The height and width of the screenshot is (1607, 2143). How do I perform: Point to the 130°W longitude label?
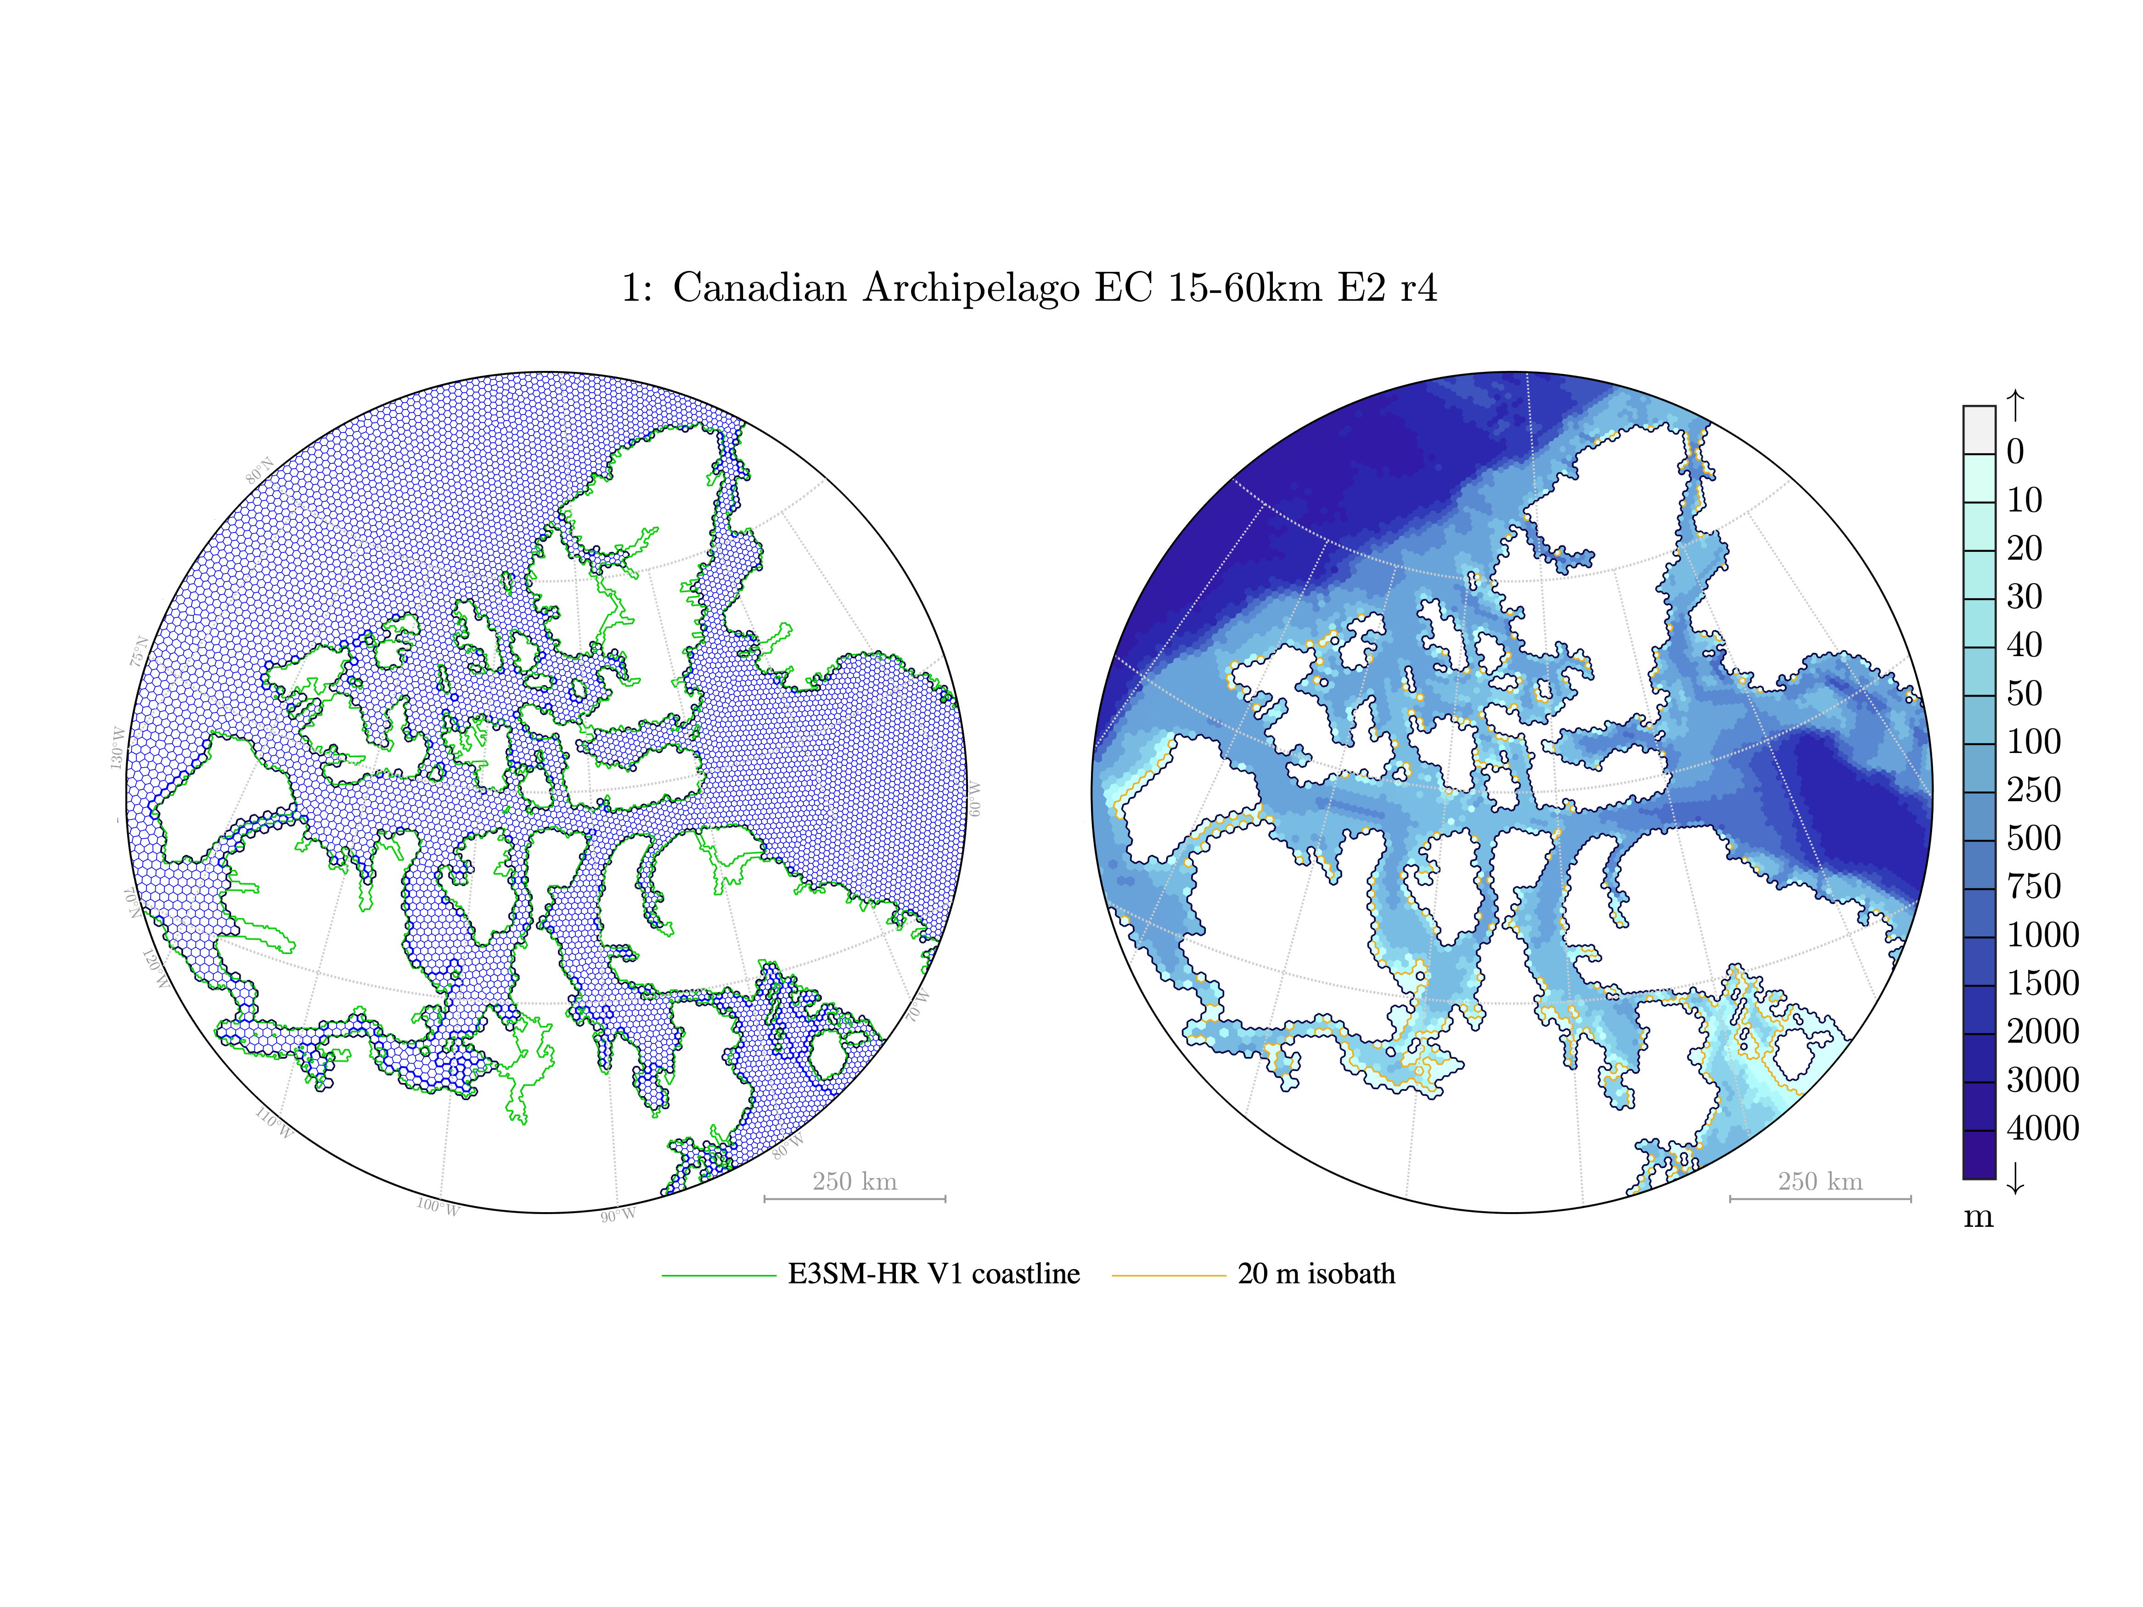(117, 749)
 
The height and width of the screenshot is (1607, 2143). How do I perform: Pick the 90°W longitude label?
(618, 1215)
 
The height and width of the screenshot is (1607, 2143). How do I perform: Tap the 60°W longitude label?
(973, 799)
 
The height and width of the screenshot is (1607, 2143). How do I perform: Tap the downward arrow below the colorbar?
(2015, 1178)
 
